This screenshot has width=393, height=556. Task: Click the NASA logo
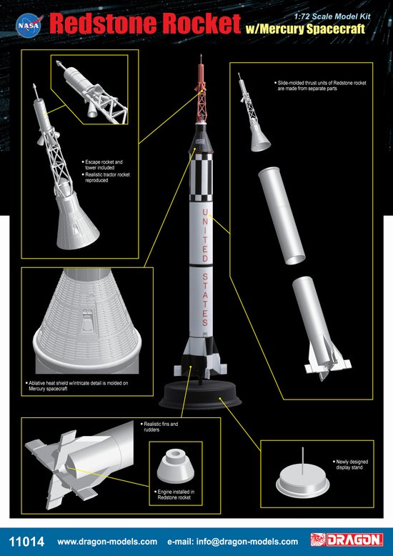click(x=29, y=26)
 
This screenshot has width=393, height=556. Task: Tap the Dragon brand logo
click(x=346, y=540)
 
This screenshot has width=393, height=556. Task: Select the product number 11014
click(x=26, y=542)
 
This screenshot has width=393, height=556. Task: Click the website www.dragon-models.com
click(x=107, y=542)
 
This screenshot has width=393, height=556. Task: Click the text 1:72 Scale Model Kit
click(x=332, y=16)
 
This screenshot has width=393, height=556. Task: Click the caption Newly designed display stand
click(x=351, y=465)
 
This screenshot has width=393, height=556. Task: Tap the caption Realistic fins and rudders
click(x=159, y=427)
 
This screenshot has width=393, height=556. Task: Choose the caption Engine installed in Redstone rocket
click(x=174, y=495)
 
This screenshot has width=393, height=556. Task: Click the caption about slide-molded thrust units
click(x=320, y=86)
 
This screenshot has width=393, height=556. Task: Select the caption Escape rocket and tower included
click(x=103, y=164)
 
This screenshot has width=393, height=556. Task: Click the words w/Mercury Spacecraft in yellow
click(x=305, y=29)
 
